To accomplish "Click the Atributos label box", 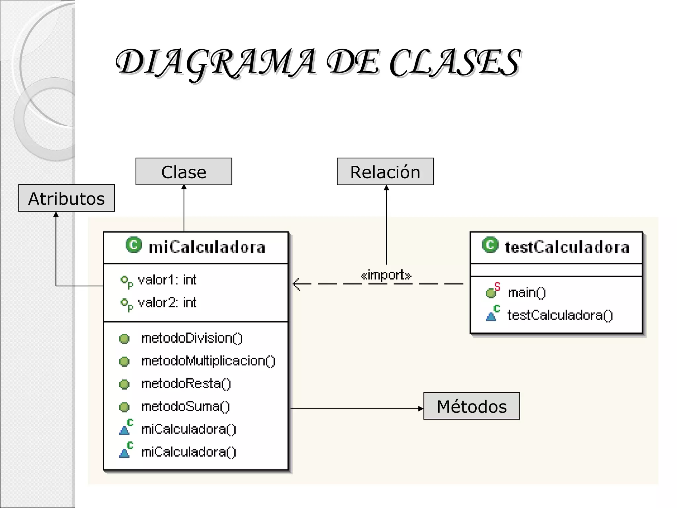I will tap(66, 198).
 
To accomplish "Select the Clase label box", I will tap(183, 172).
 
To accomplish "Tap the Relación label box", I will tap(385, 172).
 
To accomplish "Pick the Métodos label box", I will tap(471, 406).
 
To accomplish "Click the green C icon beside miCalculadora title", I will tap(134, 245).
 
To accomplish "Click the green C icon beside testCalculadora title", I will tap(490, 245).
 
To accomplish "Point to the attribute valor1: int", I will tap(167, 280).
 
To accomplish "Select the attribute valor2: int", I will tap(167, 303).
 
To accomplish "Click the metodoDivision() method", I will tap(192, 338).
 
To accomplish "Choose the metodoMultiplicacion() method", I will tap(208, 361).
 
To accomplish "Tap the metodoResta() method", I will tap(186, 384).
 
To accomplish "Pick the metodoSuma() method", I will tap(185, 406).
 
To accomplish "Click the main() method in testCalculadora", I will tap(527, 293).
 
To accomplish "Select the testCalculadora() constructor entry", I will tap(560, 315).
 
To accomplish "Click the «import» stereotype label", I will tap(386, 275).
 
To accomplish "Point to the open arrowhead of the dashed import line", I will tap(296, 284).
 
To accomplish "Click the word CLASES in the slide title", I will tap(455, 63).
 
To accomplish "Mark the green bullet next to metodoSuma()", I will tap(124, 407).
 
